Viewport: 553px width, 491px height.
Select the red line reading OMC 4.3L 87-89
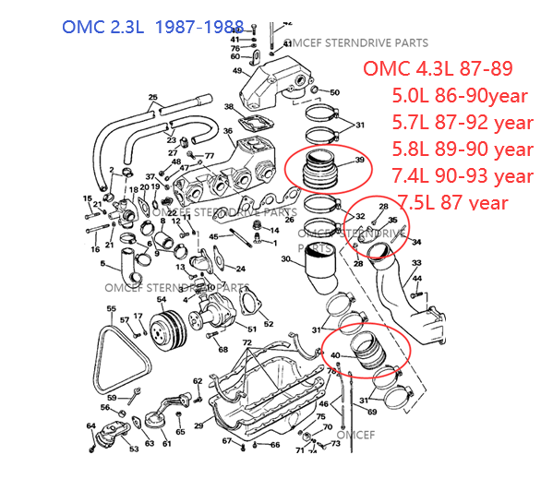438,69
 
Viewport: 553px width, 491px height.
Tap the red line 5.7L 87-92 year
463,122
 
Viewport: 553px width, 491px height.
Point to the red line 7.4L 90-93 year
463,175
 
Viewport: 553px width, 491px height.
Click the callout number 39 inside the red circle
359,160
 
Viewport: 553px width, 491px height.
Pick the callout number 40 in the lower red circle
334,355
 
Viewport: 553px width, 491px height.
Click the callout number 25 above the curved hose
152,97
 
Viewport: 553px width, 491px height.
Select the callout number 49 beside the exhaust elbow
237,70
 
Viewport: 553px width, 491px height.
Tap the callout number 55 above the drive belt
111,308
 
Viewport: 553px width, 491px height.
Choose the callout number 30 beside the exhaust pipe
286,259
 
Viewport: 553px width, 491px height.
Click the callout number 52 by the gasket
268,323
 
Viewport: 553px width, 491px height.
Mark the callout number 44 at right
417,277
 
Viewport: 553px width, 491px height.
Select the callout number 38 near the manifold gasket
229,107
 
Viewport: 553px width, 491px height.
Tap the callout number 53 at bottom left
134,449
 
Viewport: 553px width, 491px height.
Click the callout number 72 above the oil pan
246,342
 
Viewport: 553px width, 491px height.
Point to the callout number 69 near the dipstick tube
371,412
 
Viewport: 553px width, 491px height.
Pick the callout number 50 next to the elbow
334,92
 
